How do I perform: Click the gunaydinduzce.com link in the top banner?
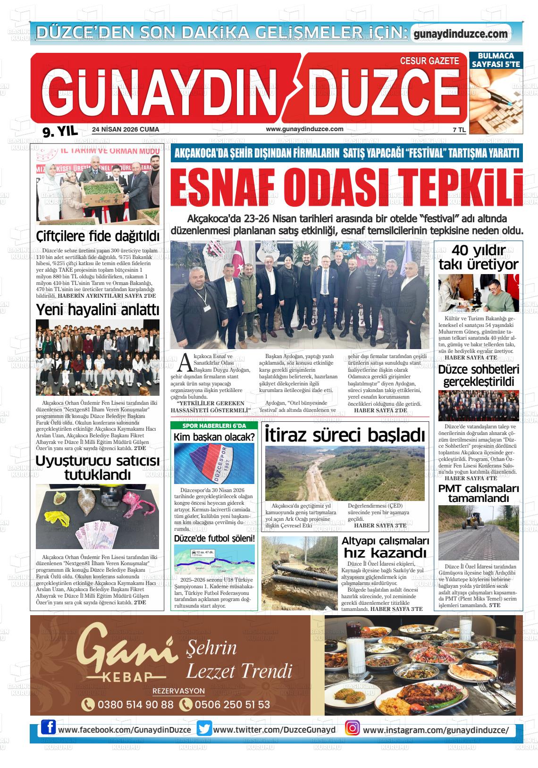(x=460, y=34)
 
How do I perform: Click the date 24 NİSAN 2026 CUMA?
(x=126, y=129)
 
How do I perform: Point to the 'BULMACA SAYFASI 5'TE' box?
(x=496, y=60)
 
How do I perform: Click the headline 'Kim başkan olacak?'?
(x=214, y=437)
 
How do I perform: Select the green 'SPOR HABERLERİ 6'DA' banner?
(x=215, y=426)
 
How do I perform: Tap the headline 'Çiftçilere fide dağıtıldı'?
(x=98, y=236)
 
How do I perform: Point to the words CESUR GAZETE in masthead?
(x=429, y=61)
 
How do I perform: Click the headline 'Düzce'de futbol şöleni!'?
(x=214, y=538)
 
